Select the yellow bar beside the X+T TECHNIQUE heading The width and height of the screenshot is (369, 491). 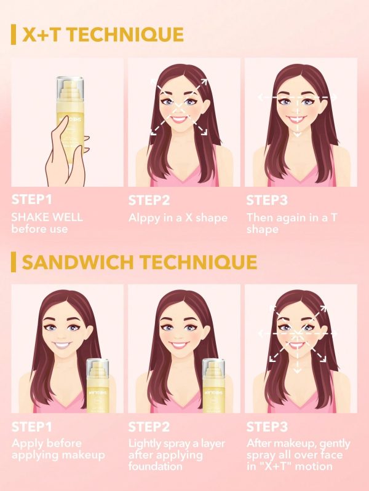pos(14,35)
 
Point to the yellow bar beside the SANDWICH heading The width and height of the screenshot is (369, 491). pos(14,262)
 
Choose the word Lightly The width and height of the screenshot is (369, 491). pos(146,444)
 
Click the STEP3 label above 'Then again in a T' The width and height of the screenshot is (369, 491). pos(267,200)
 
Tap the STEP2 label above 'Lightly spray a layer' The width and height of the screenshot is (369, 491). pos(149,426)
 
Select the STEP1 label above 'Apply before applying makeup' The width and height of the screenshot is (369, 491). pos(32,426)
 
